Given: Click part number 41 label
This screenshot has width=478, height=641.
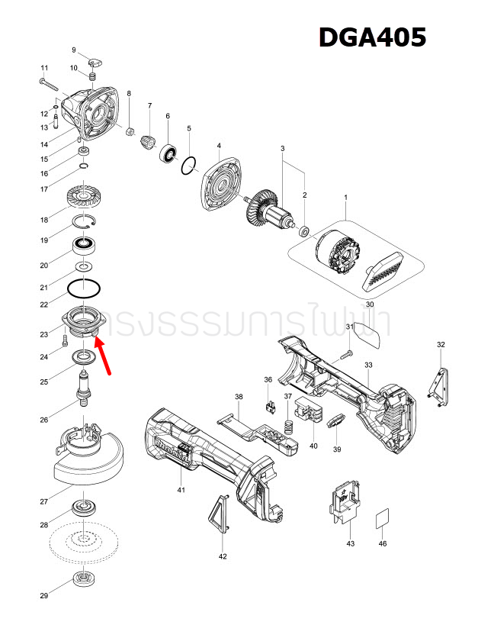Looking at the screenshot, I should (x=181, y=490).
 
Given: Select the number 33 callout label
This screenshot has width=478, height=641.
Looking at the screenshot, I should (x=368, y=366).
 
